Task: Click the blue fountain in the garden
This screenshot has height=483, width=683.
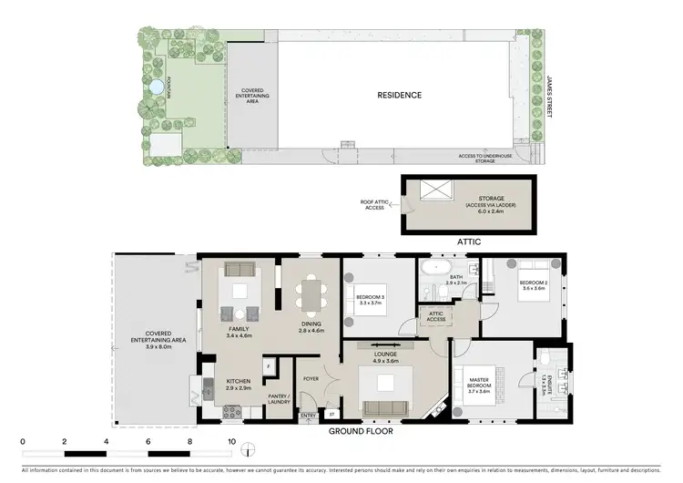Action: [x=156, y=87]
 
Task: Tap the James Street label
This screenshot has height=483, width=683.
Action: [x=549, y=96]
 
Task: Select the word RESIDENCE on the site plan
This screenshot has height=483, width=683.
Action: [x=400, y=95]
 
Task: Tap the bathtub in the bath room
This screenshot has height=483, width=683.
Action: [x=433, y=271]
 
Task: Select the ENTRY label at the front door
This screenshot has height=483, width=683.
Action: [x=309, y=416]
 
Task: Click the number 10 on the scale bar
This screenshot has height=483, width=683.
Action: [x=231, y=442]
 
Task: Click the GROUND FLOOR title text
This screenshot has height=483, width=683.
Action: [x=361, y=431]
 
